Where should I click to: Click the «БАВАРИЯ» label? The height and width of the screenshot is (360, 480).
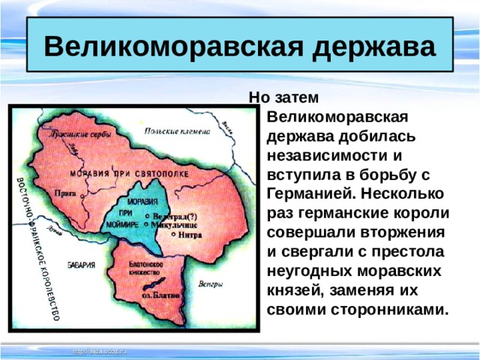[79, 265]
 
